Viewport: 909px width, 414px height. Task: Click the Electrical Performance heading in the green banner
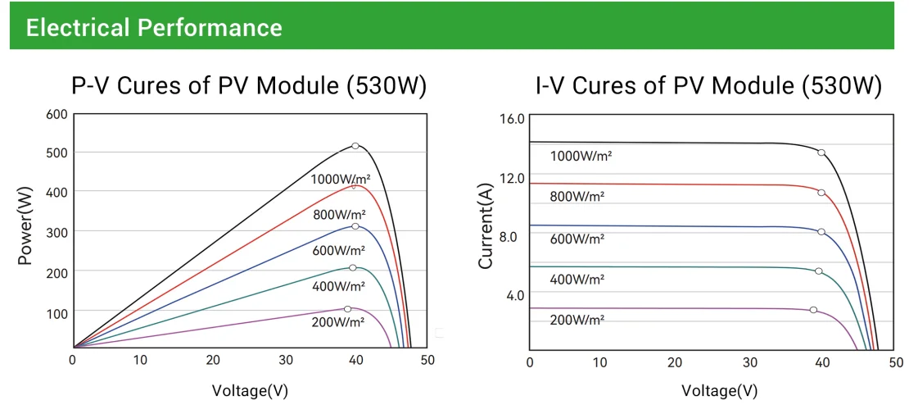click(154, 27)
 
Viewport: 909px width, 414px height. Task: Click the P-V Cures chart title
click(249, 86)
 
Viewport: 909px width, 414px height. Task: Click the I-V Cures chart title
click(708, 86)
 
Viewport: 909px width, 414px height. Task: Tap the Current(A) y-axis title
click(485, 226)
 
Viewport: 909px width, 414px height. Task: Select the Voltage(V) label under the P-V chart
click(250, 390)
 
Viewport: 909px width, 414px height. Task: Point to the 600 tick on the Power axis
click(56, 113)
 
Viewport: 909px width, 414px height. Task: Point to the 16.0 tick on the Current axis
click(512, 120)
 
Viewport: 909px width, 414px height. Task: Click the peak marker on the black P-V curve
click(355, 146)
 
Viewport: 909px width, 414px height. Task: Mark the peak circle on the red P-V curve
click(355, 185)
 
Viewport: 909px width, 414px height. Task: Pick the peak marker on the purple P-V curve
click(347, 309)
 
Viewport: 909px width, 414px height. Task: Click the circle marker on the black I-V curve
click(821, 152)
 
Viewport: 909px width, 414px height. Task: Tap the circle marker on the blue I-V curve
click(821, 232)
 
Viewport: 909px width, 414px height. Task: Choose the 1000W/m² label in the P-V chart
click(338, 179)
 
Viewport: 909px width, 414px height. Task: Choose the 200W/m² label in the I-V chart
click(577, 320)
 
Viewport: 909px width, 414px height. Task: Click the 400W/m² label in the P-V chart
click(338, 286)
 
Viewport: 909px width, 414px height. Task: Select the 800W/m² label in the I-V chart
click(577, 196)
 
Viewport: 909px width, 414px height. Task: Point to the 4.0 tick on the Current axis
click(514, 294)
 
